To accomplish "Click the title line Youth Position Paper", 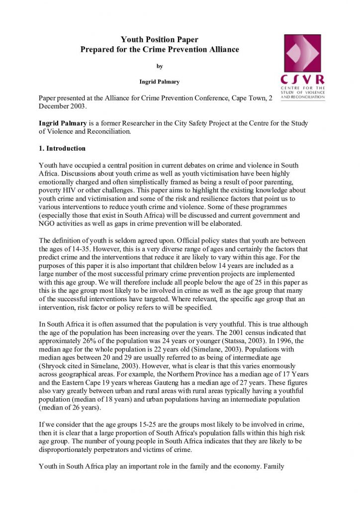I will coord(160,39).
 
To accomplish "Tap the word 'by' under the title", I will coord(160,66).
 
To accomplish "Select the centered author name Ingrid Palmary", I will coord(160,81).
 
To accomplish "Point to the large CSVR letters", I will coord(302,80).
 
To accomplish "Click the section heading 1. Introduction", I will coord(62,149).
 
